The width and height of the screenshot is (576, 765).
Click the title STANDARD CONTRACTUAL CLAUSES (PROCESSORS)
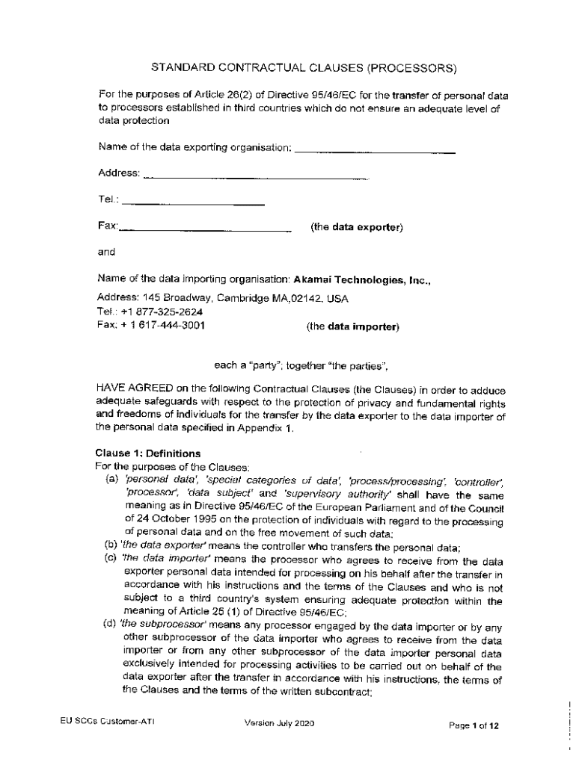tap(304, 69)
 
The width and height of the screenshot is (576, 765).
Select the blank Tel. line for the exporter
tap(192, 202)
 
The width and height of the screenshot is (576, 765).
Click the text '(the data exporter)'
tap(357, 227)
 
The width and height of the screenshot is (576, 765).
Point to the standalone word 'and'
tap(106, 253)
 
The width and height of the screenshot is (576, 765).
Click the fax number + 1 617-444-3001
tap(161, 325)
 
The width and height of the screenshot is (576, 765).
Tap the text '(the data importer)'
tap(353, 326)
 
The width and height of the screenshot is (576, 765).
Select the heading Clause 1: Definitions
tap(148, 453)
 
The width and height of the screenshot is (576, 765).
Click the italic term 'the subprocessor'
tap(156, 625)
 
